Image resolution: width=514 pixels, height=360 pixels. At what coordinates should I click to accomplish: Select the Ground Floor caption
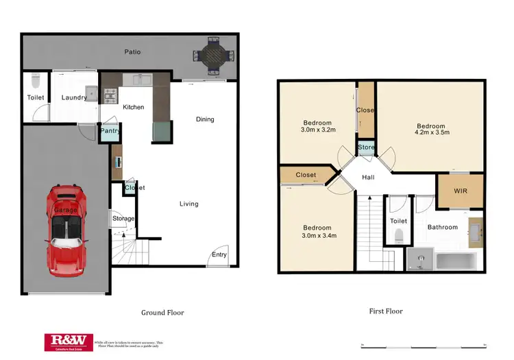(162, 313)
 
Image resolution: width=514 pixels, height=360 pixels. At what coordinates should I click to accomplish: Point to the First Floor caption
(386, 311)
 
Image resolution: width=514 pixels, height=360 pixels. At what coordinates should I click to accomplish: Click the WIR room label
(460, 191)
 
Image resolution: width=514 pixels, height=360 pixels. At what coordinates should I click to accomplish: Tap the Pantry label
(110, 130)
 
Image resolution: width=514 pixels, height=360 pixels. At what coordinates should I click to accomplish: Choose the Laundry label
(74, 97)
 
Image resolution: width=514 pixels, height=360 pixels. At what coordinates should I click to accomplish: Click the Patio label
(133, 51)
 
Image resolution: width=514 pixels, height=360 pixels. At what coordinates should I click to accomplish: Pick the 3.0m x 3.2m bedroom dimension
(317, 129)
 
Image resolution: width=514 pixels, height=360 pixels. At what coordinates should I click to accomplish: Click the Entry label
(219, 255)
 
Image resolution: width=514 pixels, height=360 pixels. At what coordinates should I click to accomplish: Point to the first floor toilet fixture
(399, 237)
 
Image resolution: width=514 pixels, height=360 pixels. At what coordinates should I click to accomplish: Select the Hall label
(368, 178)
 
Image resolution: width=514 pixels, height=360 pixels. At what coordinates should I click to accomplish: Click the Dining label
(205, 119)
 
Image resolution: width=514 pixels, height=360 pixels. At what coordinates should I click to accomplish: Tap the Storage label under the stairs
(123, 219)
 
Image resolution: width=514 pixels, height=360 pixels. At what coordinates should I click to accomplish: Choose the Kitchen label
(133, 108)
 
